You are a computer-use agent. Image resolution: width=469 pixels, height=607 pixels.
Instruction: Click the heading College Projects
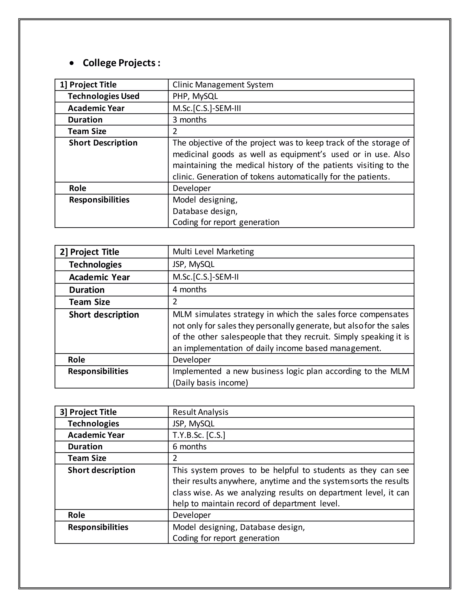click(121, 63)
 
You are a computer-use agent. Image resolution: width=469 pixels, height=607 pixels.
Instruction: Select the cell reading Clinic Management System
click(223, 85)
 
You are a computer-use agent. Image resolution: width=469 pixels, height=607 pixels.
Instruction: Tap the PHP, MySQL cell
click(195, 96)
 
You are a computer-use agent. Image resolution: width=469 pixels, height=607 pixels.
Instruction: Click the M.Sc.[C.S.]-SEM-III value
click(207, 108)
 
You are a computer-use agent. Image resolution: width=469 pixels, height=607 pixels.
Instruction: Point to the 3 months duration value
click(189, 120)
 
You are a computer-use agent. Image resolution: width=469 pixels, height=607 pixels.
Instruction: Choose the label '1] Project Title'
click(88, 85)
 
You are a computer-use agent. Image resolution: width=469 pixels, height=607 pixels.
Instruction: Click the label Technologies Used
click(103, 96)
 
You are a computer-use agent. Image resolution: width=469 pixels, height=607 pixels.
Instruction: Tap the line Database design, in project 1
click(205, 211)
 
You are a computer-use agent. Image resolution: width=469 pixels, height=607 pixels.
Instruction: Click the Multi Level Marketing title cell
click(213, 252)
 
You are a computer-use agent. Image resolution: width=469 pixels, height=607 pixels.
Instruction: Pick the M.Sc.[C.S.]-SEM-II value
click(206, 277)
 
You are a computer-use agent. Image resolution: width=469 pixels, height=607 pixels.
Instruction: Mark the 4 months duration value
click(189, 289)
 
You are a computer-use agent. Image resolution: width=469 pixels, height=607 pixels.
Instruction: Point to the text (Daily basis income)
click(210, 383)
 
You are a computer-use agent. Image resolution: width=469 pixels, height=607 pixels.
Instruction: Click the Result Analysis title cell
click(200, 412)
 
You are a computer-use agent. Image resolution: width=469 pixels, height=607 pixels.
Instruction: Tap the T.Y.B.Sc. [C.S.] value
click(199, 435)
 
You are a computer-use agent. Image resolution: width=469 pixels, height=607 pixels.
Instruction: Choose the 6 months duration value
click(189, 447)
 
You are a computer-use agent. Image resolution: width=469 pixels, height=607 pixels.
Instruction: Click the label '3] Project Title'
click(88, 412)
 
